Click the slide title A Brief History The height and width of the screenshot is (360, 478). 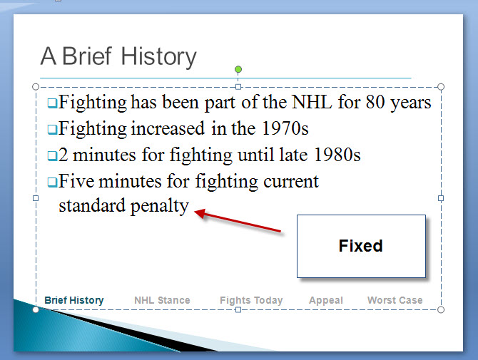click(x=118, y=57)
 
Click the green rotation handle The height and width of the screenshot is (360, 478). click(x=238, y=69)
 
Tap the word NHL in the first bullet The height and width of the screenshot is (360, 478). click(x=312, y=102)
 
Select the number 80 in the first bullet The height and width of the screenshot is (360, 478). click(x=375, y=102)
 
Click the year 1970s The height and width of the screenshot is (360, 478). click(x=285, y=128)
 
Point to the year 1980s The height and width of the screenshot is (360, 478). click(x=337, y=155)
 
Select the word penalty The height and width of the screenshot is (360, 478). click(x=160, y=206)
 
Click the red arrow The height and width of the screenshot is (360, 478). click(x=238, y=220)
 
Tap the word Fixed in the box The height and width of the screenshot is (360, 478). click(x=360, y=246)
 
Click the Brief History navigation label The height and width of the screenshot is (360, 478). click(x=74, y=300)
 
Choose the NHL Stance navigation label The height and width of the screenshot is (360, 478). click(x=162, y=300)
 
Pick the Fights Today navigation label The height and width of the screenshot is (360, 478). click(x=251, y=301)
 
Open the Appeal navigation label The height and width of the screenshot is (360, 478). click(x=326, y=301)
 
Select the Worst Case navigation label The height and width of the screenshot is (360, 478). click(x=395, y=300)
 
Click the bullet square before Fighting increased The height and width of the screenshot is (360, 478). click(x=52, y=130)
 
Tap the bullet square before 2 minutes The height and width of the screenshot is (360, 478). click(x=52, y=156)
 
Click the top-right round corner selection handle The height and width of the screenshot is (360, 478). click(x=441, y=87)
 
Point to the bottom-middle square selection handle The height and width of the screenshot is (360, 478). click(x=238, y=310)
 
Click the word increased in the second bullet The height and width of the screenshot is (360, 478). click(x=168, y=128)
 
